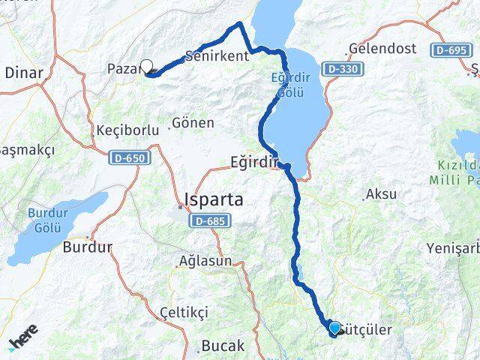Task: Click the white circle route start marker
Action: (x=146, y=66)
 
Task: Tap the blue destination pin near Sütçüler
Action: (x=334, y=327)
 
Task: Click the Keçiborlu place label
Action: (x=127, y=130)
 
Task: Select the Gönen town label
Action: (x=193, y=122)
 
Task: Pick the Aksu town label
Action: (x=382, y=194)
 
